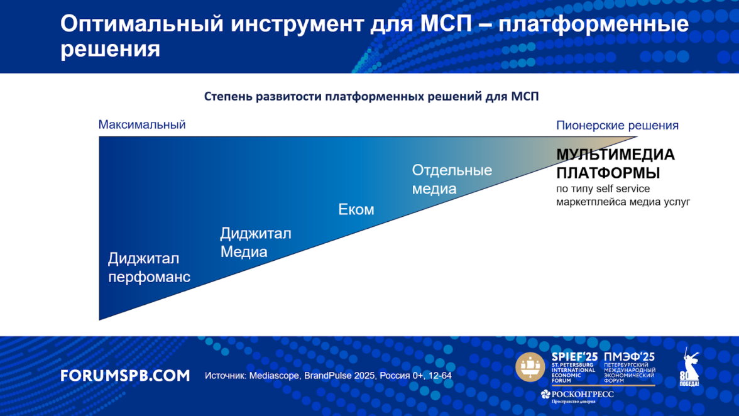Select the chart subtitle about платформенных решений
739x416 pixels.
point(371,97)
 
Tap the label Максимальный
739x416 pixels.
point(142,125)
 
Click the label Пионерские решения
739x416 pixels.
point(617,126)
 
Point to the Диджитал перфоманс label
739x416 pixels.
point(149,268)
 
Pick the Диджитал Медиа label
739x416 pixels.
point(255,243)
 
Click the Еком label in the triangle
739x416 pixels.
point(356,210)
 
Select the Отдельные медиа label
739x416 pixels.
point(452,179)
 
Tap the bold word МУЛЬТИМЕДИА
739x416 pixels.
point(616,155)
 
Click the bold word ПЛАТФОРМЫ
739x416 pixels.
point(608,173)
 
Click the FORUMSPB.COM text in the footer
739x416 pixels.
point(126,376)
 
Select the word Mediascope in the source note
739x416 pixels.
point(274,376)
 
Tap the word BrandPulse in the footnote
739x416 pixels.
point(328,376)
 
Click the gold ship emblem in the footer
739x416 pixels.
point(530,366)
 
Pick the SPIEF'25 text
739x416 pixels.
point(574,357)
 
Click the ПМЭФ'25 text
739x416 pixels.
point(629,357)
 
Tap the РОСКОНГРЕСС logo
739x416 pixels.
point(578,396)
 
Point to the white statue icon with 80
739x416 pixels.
point(689,368)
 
